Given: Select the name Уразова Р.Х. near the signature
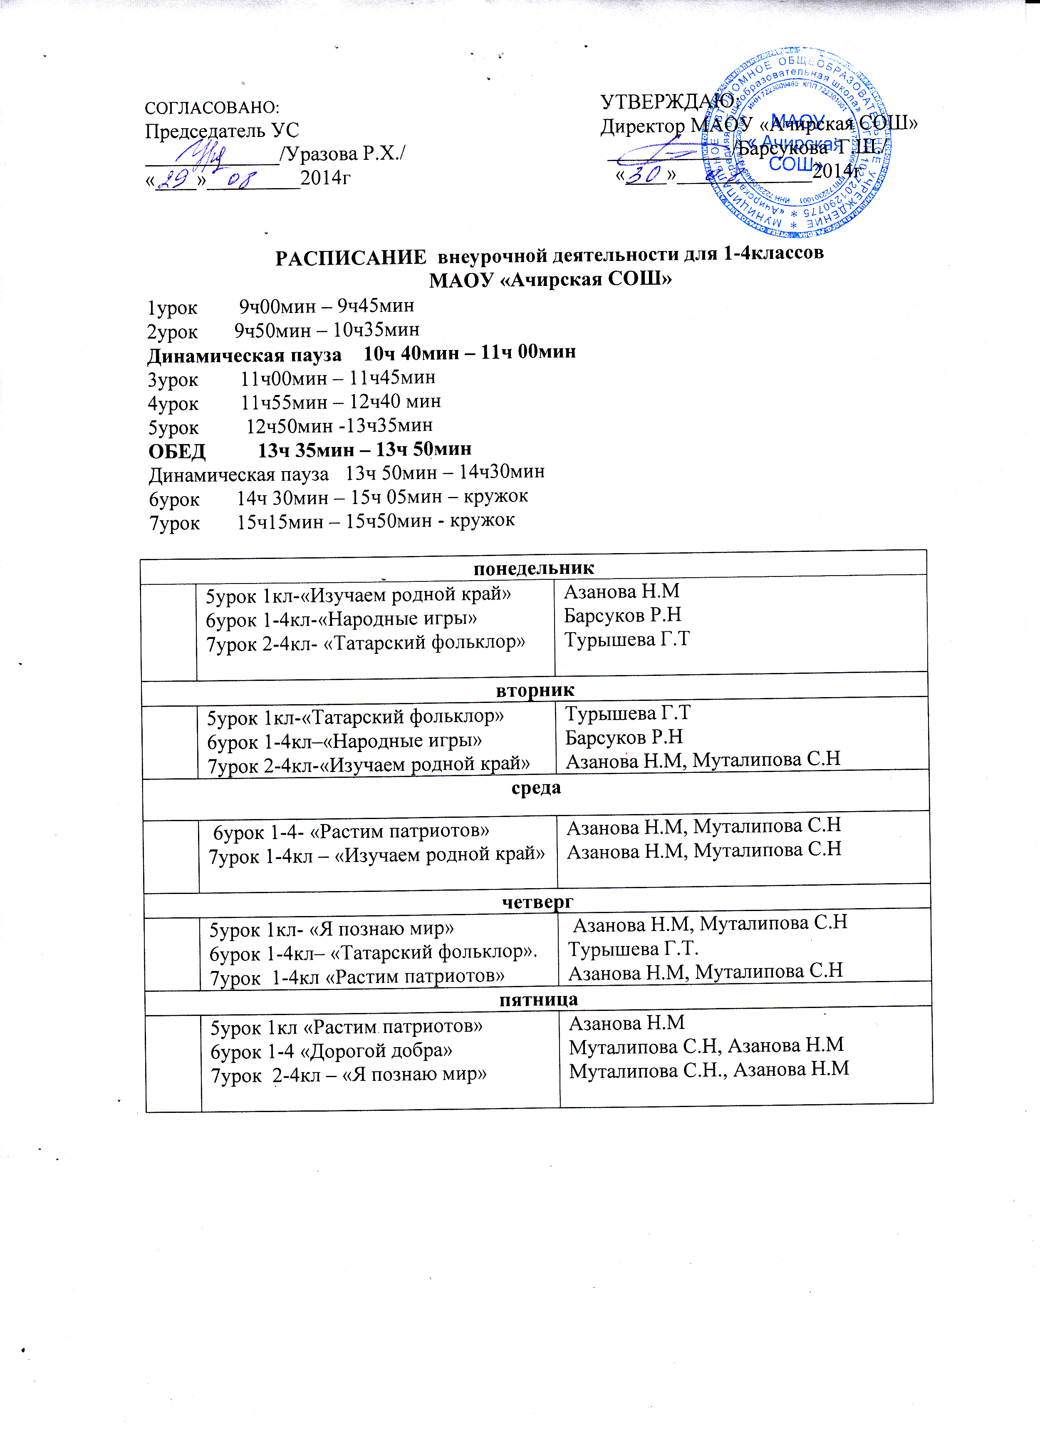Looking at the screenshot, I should pos(344,154).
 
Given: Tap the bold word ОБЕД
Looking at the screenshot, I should pos(177,451).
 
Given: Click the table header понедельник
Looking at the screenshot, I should pos(533,568).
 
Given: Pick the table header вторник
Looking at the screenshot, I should pos(535,690).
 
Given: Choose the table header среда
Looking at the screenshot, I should pos(536,787).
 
